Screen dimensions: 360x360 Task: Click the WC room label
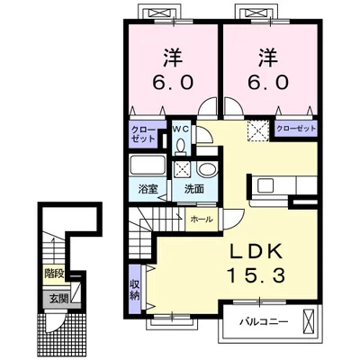coord(182,130)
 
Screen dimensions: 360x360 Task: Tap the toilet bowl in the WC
coord(181,147)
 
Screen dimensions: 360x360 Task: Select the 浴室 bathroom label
coord(148,189)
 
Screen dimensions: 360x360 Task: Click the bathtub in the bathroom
coord(148,166)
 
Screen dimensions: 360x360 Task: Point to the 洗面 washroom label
coord(194,189)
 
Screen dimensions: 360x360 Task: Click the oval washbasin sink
coord(207,170)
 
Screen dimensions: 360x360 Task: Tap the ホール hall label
coord(202,220)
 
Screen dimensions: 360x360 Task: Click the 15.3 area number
coord(256,274)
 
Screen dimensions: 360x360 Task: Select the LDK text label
coord(256,251)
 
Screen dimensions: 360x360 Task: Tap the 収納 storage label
coord(135,290)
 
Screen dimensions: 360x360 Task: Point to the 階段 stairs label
coord(54,274)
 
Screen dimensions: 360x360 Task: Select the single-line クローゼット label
coord(296,129)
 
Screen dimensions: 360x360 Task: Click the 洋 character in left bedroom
coord(173,58)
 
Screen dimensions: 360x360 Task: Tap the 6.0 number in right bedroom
coord(268,82)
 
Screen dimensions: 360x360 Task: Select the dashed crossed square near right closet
coord(258,131)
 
